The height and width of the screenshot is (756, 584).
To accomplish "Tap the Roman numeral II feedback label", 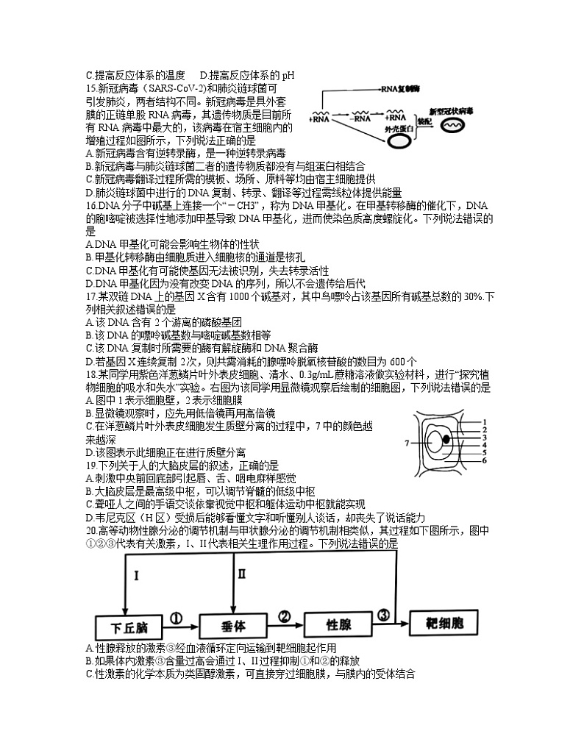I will pos(242,574).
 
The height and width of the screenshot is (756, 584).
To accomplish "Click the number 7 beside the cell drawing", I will pos(406,443).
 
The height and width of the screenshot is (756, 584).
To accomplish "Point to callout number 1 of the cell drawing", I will pos(485,422).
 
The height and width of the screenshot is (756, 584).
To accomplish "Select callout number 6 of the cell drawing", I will pos(485,460).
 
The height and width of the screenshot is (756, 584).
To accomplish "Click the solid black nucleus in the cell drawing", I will pos(446,439).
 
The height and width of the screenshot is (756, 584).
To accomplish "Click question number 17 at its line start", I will pos(92,296).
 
